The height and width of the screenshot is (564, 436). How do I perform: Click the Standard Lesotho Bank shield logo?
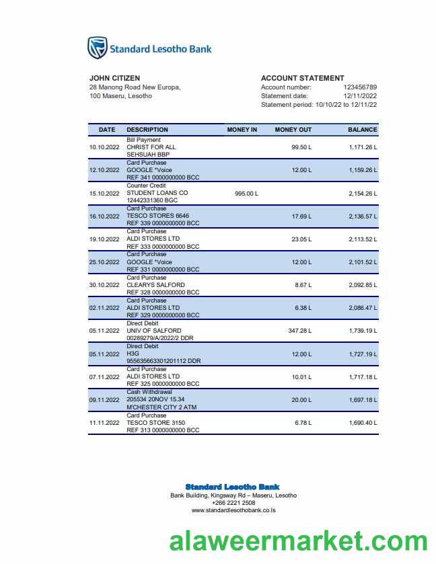[98, 48]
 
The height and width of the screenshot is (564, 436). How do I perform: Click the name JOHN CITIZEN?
[114, 78]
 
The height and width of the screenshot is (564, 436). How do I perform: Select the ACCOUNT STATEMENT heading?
[302, 78]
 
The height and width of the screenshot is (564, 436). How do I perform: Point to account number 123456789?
[360, 87]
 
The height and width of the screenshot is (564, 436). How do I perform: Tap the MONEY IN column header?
[242, 130]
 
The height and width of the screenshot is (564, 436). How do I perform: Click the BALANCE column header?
[362, 130]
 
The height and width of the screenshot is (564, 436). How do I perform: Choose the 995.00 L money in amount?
[246, 194]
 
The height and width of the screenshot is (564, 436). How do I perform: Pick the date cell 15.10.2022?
[104, 194]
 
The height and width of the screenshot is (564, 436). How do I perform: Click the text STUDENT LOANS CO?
[157, 193]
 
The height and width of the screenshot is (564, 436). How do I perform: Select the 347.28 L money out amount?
[300, 331]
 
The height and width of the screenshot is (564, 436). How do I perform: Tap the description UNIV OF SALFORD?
[154, 331]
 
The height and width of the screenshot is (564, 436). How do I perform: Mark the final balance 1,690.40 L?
[363, 423]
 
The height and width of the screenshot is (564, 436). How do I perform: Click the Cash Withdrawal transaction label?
[149, 392]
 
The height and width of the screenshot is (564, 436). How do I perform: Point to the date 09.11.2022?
[104, 400]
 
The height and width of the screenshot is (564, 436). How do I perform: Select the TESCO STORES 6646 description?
[158, 216]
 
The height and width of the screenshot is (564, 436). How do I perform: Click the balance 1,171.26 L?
[363, 147]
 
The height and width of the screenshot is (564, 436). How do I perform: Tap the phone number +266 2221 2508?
[233, 503]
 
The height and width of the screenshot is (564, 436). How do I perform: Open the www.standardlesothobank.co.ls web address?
[233, 510]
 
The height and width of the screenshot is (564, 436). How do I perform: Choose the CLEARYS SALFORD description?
[155, 285]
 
